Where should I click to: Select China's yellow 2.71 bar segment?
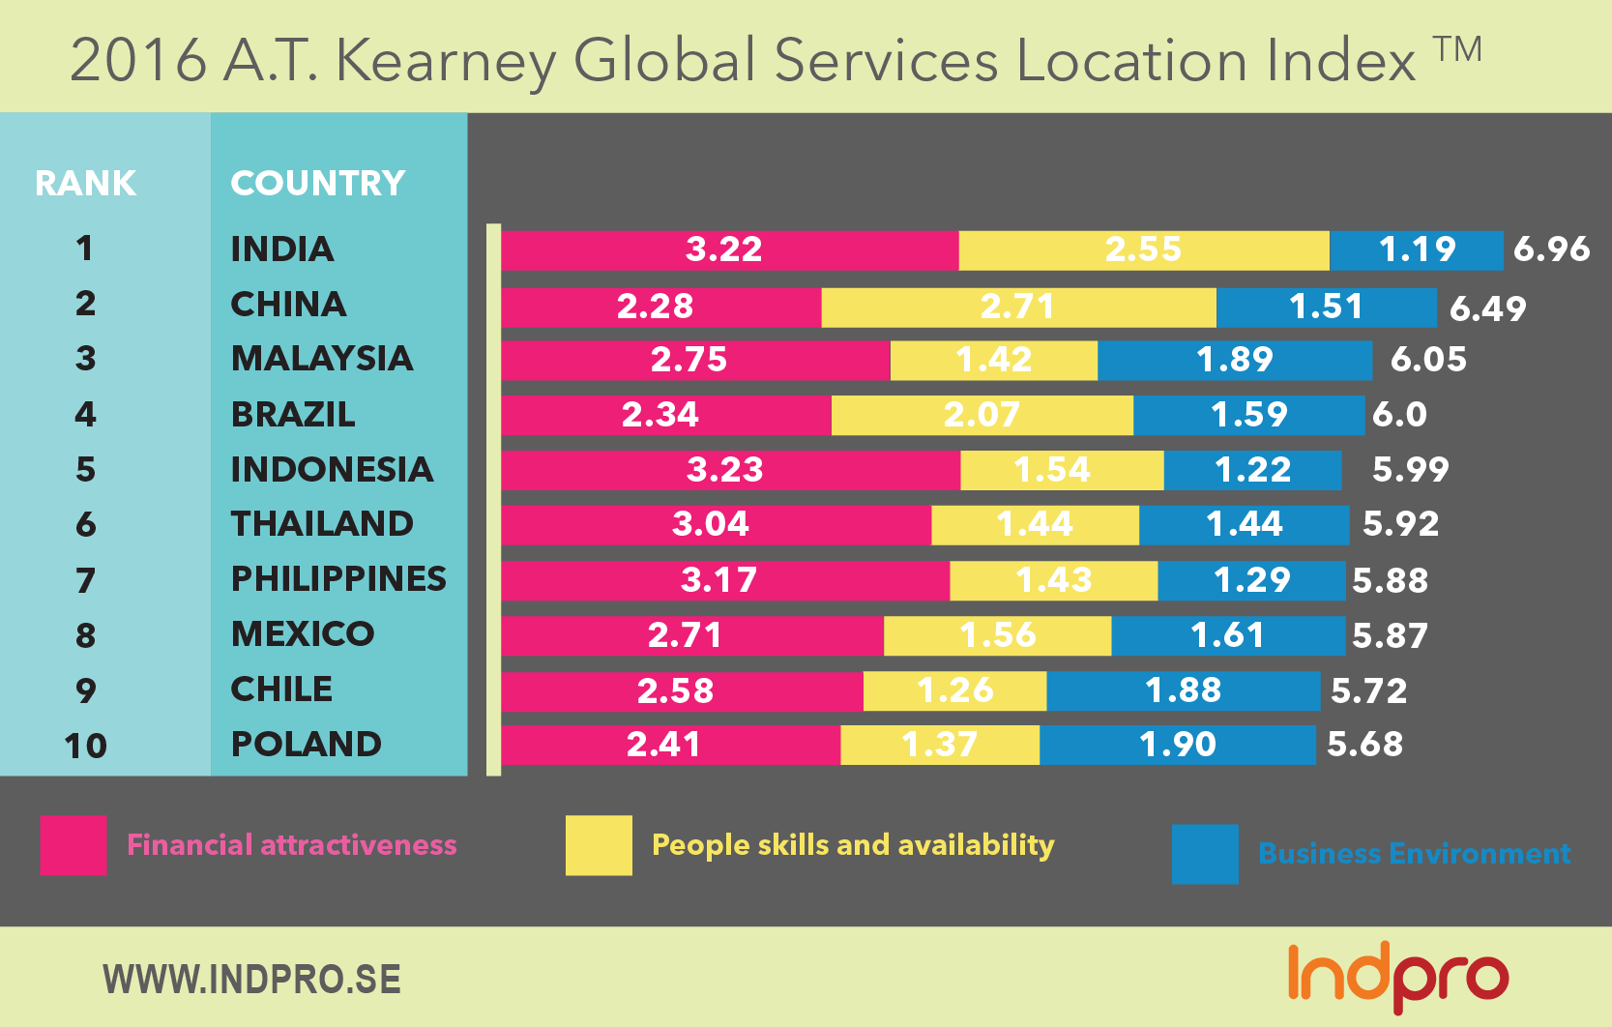pyautogui.click(x=1018, y=308)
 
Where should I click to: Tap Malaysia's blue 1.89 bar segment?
pyautogui.click(x=1235, y=360)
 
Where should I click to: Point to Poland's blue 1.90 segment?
pyautogui.click(x=1178, y=745)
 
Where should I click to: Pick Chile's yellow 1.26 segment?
pyautogui.click(x=954, y=690)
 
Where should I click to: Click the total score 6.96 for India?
pyautogui.click(x=1551, y=249)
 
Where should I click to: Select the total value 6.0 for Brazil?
pyautogui.click(x=1399, y=415)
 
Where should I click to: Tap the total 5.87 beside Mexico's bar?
pyautogui.click(x=1390, y=635)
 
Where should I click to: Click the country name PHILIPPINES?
pyautogui.click(x=338, y=578)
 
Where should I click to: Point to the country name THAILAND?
pyautogui.click(x=322, y=523)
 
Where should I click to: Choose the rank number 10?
pyautogui.click(x=85, y=746)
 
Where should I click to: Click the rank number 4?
pyautogui.click(x=85, y=415)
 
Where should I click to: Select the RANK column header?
pyautogui.click(x=85, y=183)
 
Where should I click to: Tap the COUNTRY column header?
pyautogui.click(x=317, y=183)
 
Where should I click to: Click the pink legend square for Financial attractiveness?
pyautogui.click(x=73, y=845)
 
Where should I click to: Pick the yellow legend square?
pyautogui.click(x=599, y=845)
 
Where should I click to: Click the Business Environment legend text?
pyautogui.click(x=1414, y=854)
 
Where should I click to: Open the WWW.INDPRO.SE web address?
pyautogui.click(x=251, y=980)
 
